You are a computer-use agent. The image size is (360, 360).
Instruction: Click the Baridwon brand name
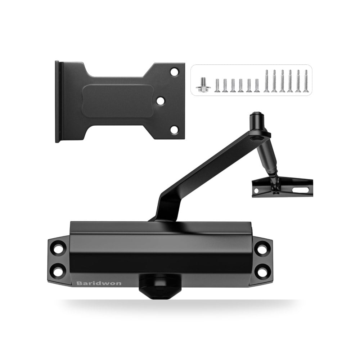pos(99,283)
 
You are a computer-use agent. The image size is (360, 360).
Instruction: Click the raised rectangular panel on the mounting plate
pos(118,101)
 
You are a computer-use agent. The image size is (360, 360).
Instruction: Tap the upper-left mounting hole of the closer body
pos(59,249)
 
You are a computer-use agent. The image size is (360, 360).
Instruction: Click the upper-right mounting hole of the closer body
pos(262,249)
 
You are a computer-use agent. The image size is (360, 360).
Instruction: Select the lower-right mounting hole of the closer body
pos(262,271)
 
